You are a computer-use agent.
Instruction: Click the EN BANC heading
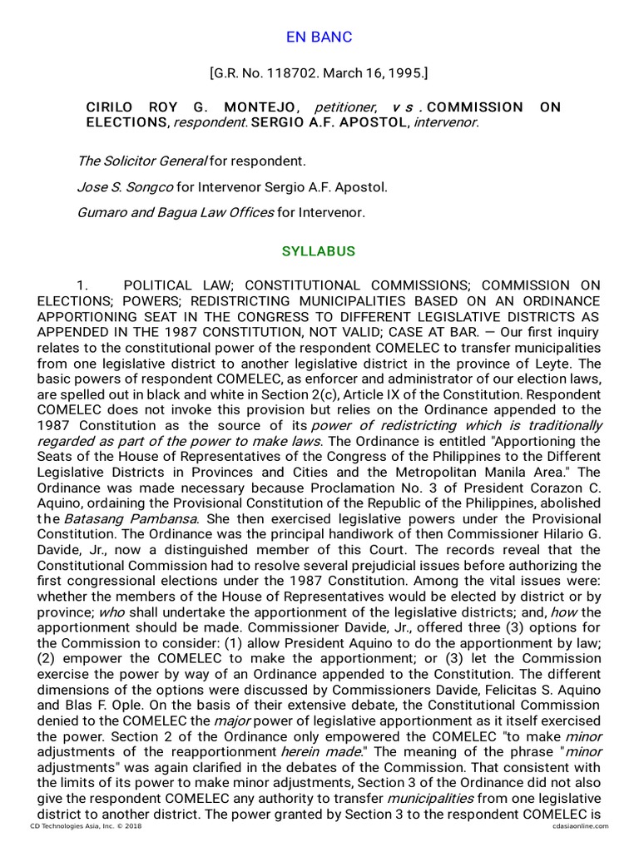point(319,37)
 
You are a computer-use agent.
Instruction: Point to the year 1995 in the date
point(406,74)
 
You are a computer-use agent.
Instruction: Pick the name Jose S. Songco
point(126,186)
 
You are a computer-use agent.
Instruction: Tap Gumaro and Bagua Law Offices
point(175,213)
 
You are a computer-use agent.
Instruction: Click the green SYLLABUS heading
point(319,251)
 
